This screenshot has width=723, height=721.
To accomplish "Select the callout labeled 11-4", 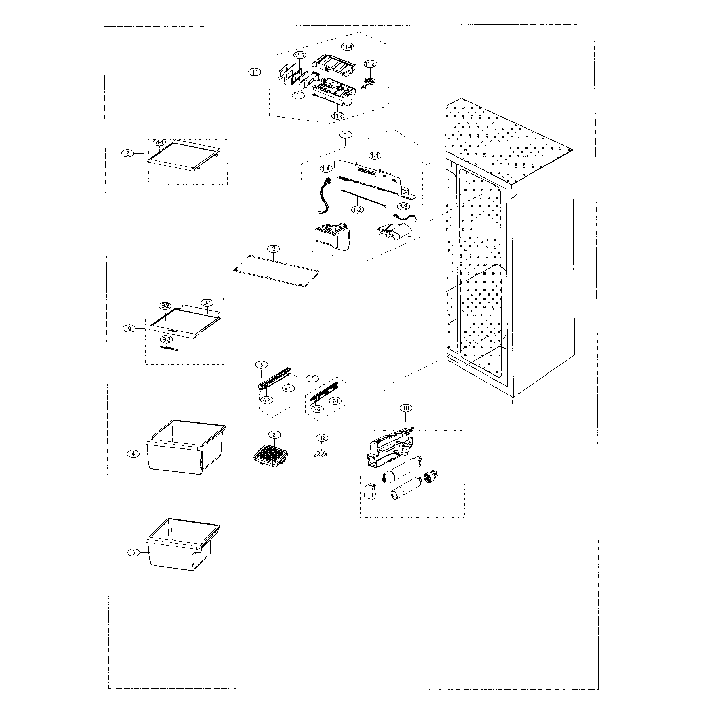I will (347, 47).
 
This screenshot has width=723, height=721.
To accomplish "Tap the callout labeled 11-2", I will (370, 64).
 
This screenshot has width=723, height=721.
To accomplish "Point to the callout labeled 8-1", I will (159, 142).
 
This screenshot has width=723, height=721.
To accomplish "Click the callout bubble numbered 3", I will (274, 249).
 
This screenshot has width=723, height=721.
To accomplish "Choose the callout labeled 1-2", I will (357, 210).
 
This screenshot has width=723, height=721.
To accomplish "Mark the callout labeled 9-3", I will (167, 339).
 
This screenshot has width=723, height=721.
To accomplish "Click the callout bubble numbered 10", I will (406, 408).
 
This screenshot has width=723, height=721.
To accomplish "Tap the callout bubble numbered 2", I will (274, 435).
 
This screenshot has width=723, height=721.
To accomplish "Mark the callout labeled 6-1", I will (287, 389).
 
